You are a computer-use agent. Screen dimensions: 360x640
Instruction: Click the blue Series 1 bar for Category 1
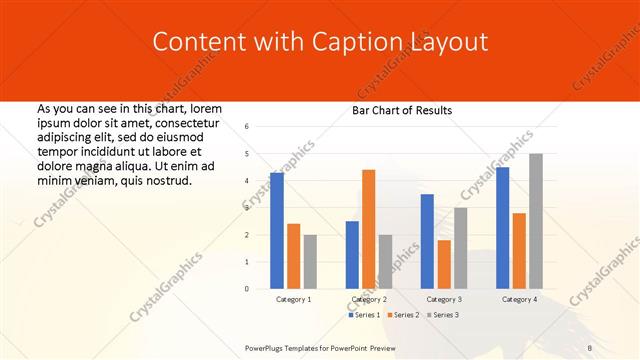[x=277, y=230]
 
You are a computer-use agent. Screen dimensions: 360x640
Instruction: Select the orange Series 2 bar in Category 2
[x=368, y=229]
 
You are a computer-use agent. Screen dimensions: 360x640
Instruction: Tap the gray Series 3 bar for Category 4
[x=536, y=221]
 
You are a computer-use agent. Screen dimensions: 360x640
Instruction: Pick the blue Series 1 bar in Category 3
[x=427, y=241]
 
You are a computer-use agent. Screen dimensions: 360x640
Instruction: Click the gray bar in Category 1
[x=310, y=261]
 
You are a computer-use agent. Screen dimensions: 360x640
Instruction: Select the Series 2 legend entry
[x=403, y=315]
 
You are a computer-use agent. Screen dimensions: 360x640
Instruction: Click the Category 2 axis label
[x=370, y=299]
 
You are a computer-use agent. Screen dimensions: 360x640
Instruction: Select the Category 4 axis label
[x=519, y=299]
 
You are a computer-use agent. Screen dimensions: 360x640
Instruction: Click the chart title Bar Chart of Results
[x=401, y=110]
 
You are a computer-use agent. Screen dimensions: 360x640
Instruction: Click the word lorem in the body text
[x=205, y=108]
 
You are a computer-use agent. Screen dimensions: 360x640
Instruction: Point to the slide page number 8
[x=590, y=346]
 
